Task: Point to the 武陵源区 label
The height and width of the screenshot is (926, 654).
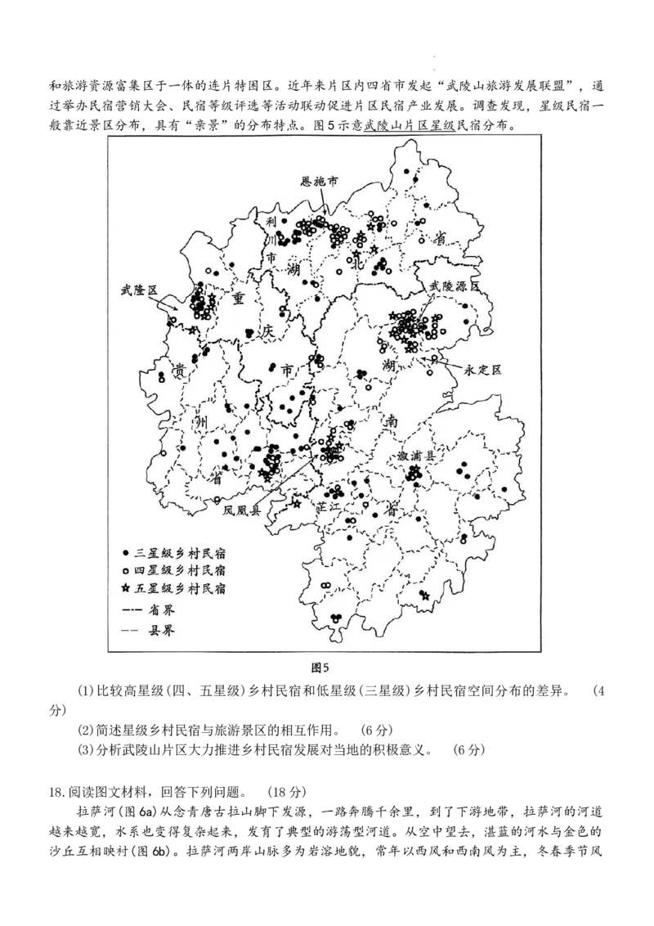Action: pos(454,286)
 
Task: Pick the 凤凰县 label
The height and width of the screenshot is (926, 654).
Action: pos(242,510)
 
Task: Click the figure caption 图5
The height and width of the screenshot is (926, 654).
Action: pos(320,668)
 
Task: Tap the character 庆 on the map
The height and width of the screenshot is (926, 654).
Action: pos(266,332)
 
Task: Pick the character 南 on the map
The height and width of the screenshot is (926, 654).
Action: pos(392,421)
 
